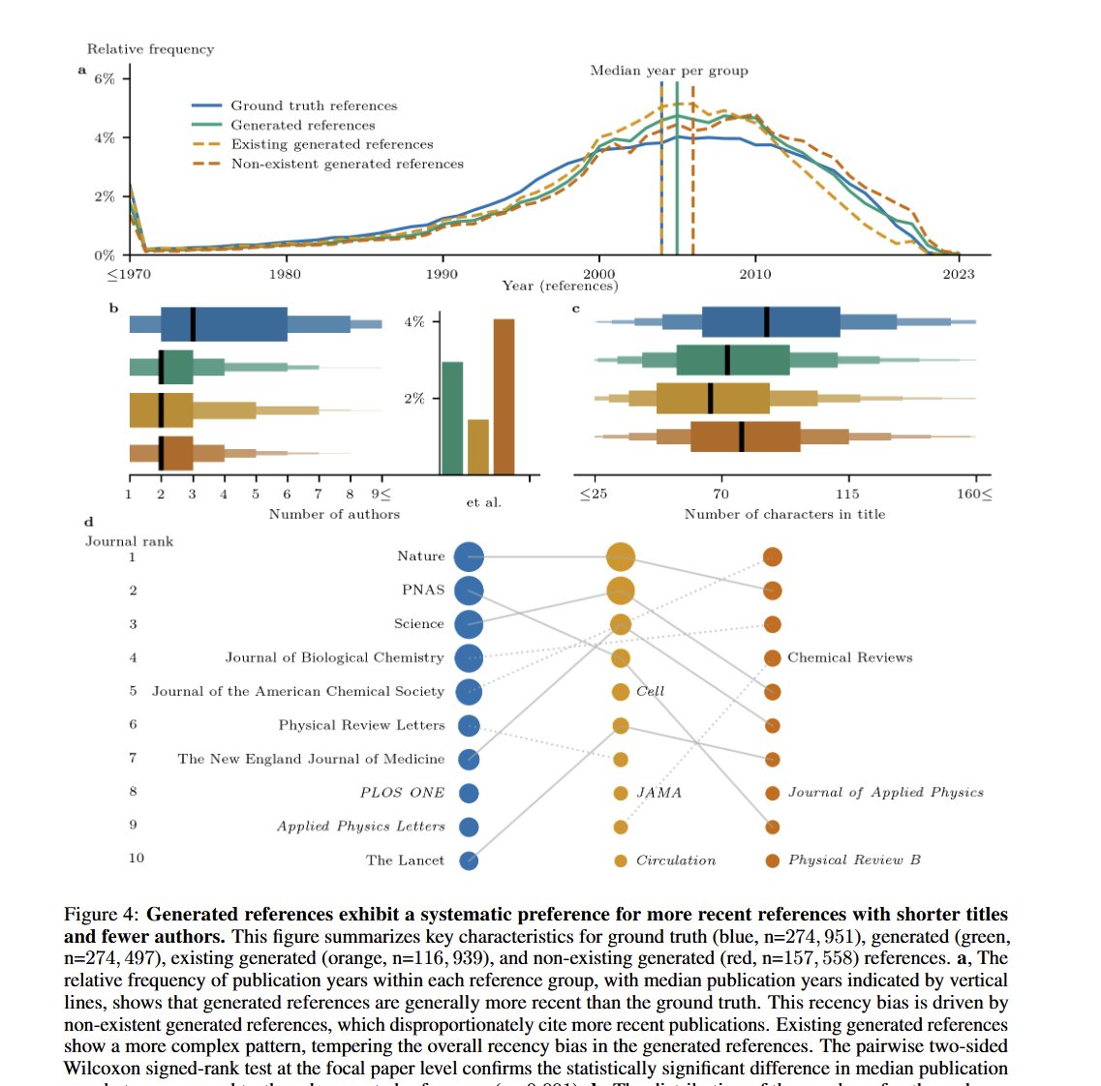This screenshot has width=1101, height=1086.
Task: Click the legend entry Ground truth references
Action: (313, 106)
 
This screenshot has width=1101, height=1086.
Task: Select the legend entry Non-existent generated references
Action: (347, 164)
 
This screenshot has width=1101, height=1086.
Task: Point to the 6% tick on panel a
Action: (105, 78)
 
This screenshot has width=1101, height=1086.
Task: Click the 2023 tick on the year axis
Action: (958, 274)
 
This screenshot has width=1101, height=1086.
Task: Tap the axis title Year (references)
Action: (560, 286)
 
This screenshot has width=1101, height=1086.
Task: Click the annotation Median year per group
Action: (669, 71)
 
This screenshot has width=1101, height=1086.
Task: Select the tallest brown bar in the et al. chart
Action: (504, 396)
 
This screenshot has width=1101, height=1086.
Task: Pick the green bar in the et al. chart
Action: (452, 417)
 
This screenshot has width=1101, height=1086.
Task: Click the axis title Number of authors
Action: (334, 514)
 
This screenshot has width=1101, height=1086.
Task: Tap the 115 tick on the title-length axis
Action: (847, 494)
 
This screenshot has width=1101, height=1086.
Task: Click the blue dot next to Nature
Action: (469, 557)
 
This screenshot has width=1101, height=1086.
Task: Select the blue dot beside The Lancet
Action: (469, 860)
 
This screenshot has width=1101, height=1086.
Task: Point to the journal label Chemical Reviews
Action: (849, 657)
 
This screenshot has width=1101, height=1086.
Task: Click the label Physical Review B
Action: (854, 860)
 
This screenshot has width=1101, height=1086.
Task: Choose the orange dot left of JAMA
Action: (621, 794)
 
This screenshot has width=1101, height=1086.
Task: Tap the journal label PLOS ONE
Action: (402, 793)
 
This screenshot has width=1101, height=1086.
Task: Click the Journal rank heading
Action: (129, 541)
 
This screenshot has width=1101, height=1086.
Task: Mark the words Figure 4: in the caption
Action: (102, 915)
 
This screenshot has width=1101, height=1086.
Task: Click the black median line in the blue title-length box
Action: (767, 321)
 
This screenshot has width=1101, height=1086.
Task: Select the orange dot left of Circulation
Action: (621, 860)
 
